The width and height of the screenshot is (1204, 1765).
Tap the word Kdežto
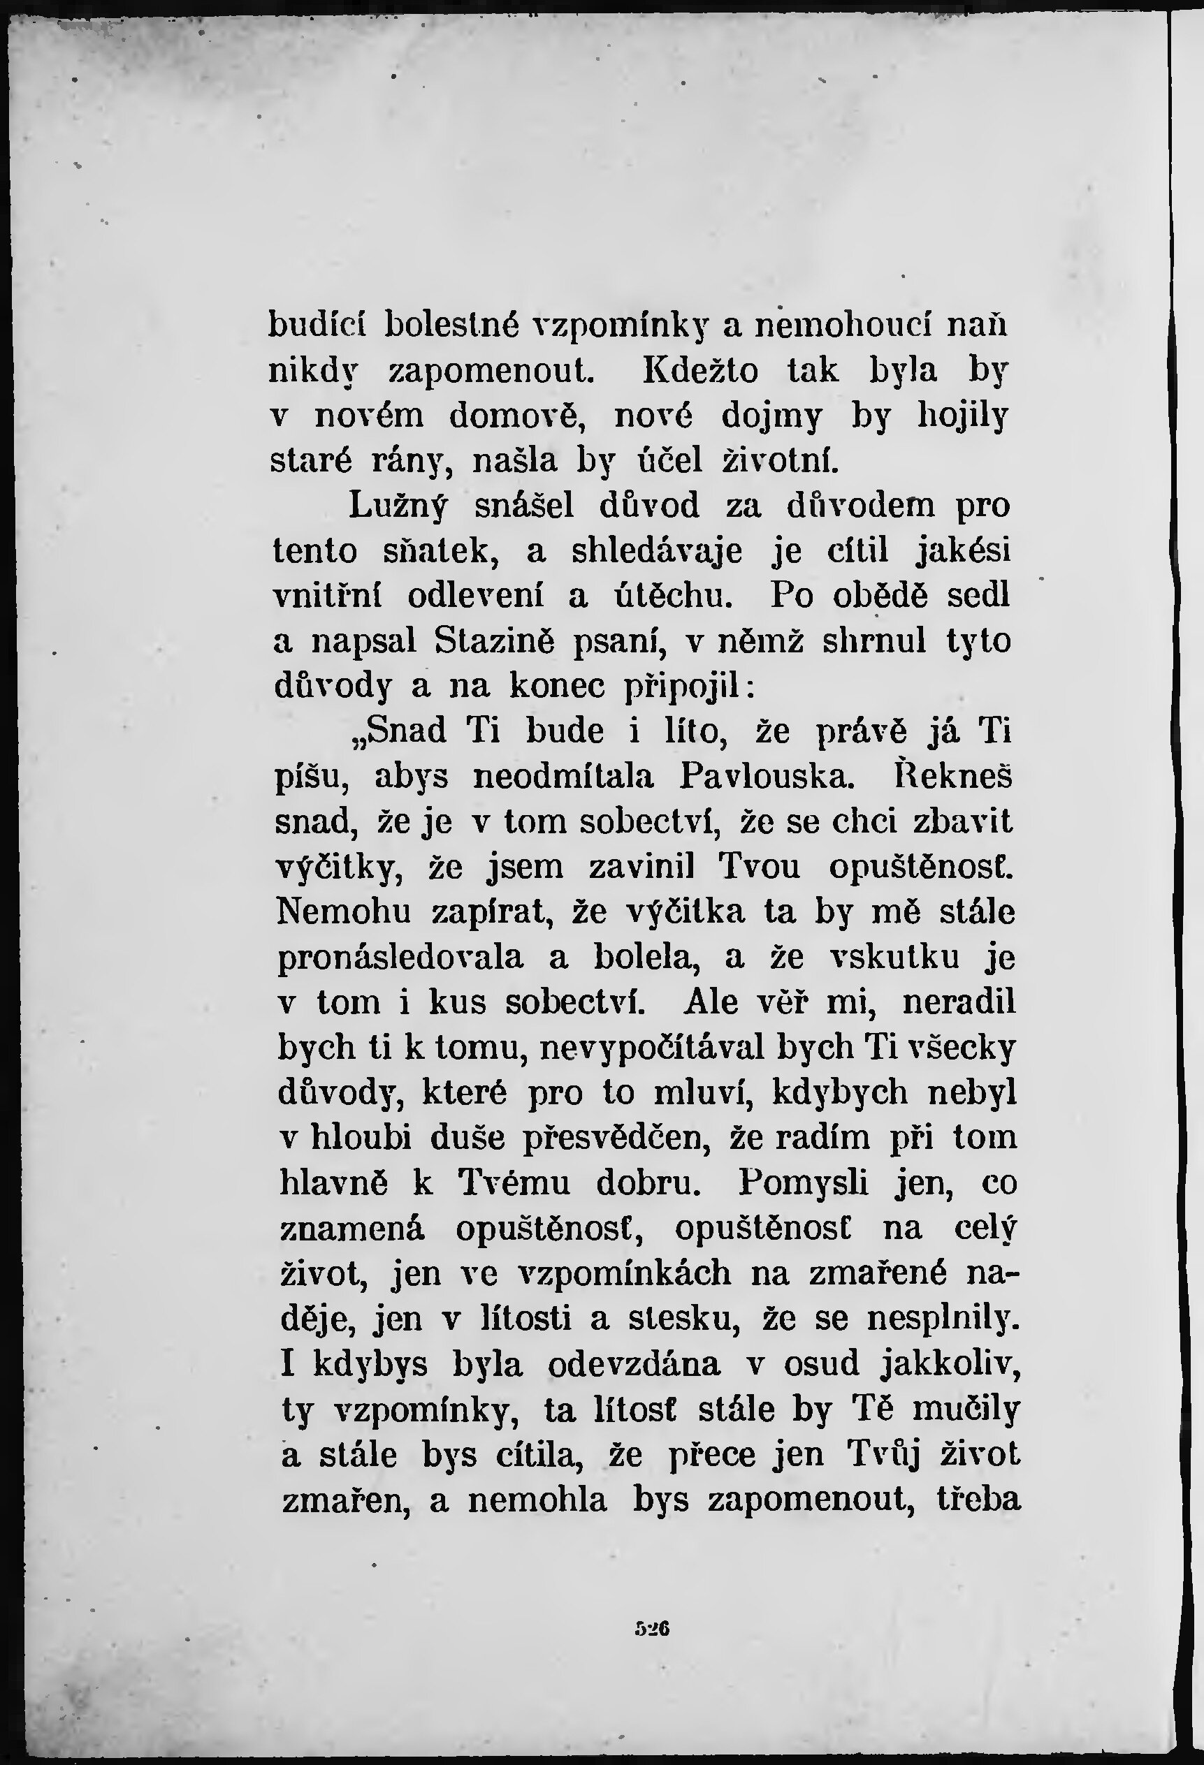point(700,372)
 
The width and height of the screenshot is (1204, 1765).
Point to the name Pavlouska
point(762,776)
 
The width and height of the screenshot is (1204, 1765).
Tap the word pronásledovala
point(400,957)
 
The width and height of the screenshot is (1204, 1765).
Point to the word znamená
point(351,1228)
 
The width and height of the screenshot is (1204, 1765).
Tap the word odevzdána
point(634,1364)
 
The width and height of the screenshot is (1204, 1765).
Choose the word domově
point(536,417)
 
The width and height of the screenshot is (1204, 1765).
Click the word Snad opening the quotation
point(400,731)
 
